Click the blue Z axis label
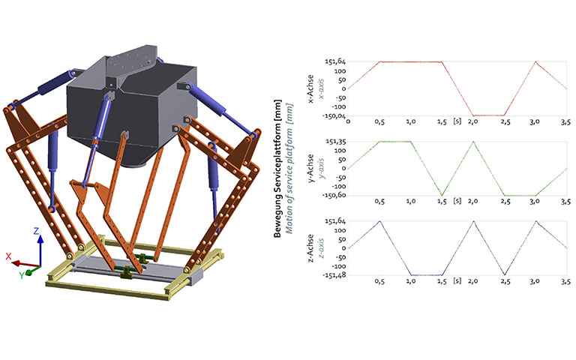coord(36,231)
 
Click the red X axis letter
coord(8,256)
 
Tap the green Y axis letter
coord(22,275)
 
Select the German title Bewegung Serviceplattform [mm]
coord(277,169)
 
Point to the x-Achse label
coord(310,89)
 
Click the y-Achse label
coord(310,169)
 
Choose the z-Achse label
coord(310,248)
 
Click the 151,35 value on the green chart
coord(335,142)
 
